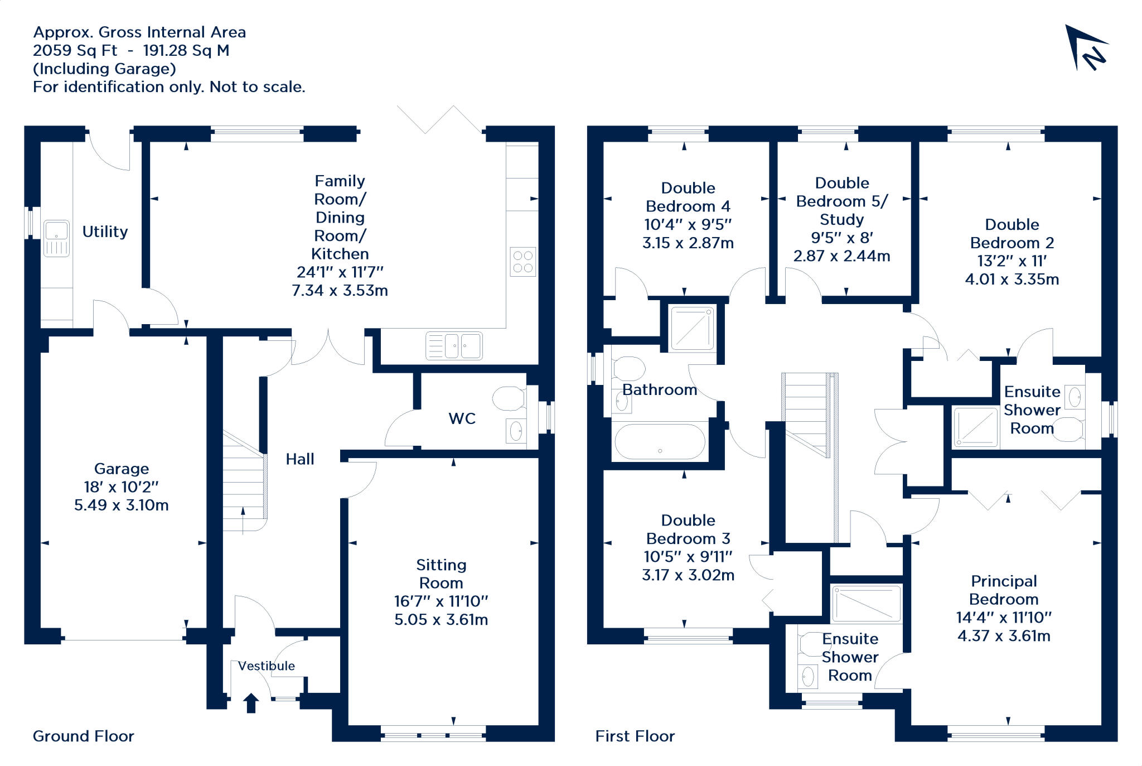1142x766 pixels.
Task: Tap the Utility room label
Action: [x=105, y=232]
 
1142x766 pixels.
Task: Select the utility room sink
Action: [x=56, y=238]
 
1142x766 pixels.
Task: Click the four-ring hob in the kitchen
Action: [x=523, y=262]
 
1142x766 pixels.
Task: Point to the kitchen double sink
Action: [x=454, y=346]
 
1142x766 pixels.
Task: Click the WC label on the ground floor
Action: [x=462, y=418]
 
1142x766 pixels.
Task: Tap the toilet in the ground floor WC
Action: [x=509, y=398]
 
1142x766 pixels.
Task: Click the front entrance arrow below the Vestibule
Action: [x=251, y=703]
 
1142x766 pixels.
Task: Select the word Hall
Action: [x=300, y=459]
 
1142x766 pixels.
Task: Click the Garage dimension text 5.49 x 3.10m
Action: [x=122, y=505]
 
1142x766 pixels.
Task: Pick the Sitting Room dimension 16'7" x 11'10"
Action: [x=441, y=601]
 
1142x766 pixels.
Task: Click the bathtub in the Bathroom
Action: [x=660, y=442]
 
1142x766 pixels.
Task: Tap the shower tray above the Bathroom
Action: [x=693, y=328]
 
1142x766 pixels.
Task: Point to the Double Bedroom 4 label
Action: [x=688, y=197]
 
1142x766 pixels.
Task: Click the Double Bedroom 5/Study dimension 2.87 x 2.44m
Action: [x=842, y=256]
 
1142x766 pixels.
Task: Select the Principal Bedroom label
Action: [x=1004, y=590]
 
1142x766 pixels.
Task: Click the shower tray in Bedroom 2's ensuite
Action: [x=975, y=427]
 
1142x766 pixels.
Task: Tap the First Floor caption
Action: [x=635, y=736]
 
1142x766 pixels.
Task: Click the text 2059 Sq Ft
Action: [x=75, y=51]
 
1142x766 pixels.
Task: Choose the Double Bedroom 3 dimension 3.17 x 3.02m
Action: [x=688, y=575]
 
